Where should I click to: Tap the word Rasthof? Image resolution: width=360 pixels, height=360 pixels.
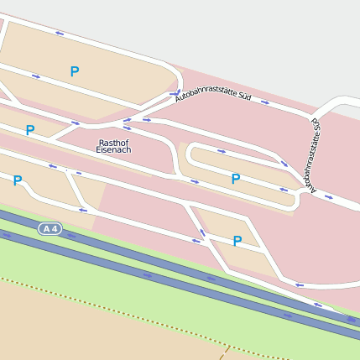pyautogui.click(x=113, y=143)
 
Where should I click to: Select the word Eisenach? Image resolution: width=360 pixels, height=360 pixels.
pyautogui.click(x=113, y=150)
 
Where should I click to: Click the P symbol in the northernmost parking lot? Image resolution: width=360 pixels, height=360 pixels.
pyautogui.click(x=75, y=71)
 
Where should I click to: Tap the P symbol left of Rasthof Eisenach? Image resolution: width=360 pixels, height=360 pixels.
pyautogui.click(x=30, y=130)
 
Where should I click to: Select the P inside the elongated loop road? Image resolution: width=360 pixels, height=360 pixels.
pyautogui.click(x=236, y=179)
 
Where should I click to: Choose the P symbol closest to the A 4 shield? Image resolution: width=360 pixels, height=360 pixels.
pyautogui.click(x=17, y=180)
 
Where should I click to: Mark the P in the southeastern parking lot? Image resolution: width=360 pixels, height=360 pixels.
pyautogui.click(x=237, y=241)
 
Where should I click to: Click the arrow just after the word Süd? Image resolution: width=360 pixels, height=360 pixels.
pyautogui.click(x=265, y=102)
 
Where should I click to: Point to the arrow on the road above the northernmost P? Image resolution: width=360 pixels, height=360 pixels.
pyautogui.click(x=60, y=34)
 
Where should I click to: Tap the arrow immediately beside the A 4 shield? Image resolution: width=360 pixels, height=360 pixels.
pyautogui.click(x=70, y=235)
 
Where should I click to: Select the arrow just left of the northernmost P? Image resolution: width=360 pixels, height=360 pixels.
pyautogui.click(x=36, y=76)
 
